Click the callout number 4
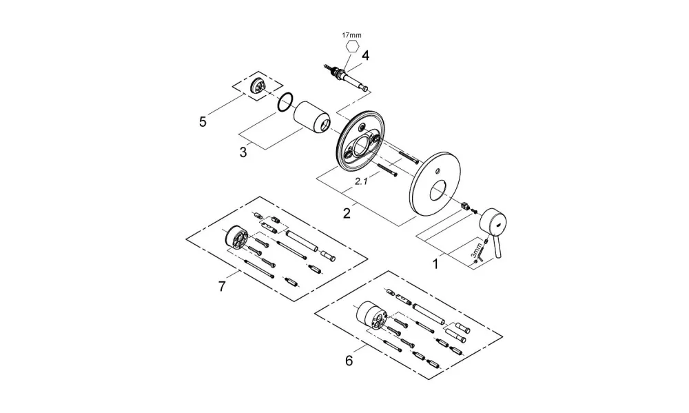366,56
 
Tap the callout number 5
203,122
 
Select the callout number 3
243,152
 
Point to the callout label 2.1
361,181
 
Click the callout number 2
347,214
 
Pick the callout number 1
435,264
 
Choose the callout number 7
222,287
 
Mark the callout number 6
349,361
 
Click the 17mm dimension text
352,35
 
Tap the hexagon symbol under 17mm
352,46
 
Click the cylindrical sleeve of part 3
311,117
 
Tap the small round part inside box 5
256,84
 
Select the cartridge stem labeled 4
347,78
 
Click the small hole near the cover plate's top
439,170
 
